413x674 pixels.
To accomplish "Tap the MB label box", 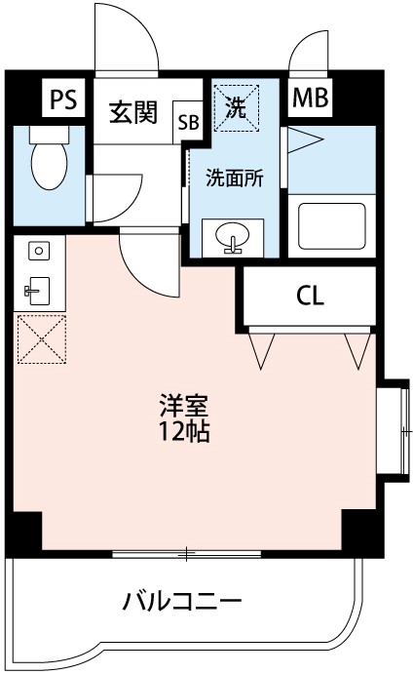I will pyautogui.click(x=311, y=98).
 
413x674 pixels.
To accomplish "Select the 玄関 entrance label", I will pyautogui.click(x=132, y=114).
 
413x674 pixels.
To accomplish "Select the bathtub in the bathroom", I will pyautogui.click(x=330, y=226).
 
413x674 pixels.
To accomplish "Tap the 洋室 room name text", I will pyautogui.click(x=184, y=405).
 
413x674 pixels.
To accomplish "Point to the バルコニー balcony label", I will pyautogui.click(x=182, y=600).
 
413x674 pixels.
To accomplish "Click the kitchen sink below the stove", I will pyautogui.click(x=38, y=288).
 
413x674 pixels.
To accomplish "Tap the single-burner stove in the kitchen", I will pyautogui.click(x=38, y=251).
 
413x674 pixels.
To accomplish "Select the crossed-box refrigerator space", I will pyautogui.click(x=38, y=338).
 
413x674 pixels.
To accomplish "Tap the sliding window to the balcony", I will pyautogui.click(x=186, y=555).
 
